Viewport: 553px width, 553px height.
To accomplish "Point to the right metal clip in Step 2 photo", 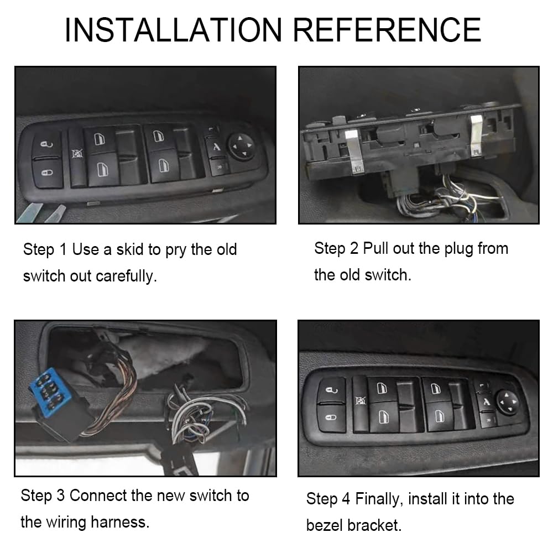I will [x=476, y=135].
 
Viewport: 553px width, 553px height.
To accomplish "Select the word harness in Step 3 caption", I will [x=121, y=521].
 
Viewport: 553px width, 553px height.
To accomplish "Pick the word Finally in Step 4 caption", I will [x=378, y=499].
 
